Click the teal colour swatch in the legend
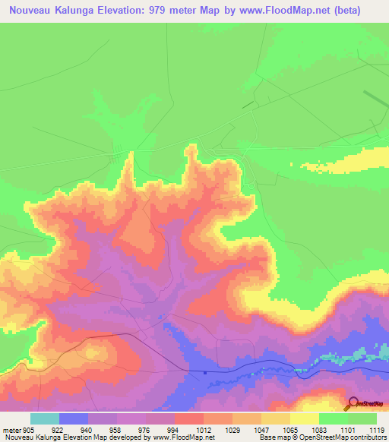(45, 418)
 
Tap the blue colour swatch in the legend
(74, 418)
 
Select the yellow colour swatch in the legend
(304, 418)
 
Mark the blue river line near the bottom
(251, 371)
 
